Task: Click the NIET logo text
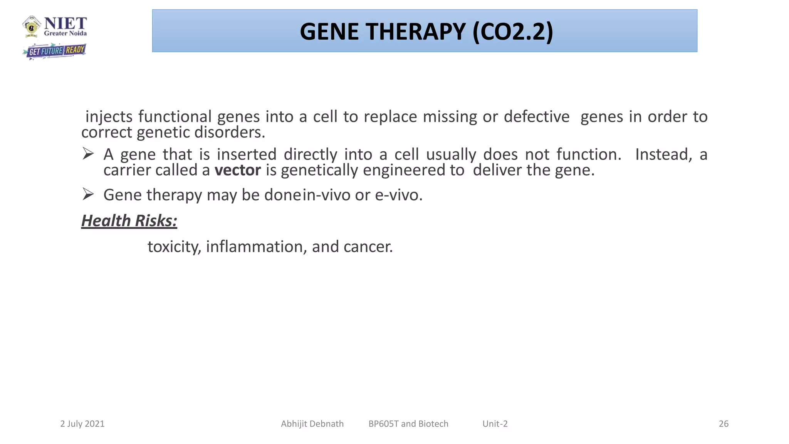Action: [x=65, y=24]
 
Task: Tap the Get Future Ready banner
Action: [x=54, y=51]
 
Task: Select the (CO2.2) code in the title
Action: [x=513, y=32]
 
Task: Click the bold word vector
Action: [x=237, y=170]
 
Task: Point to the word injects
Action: [x=109, y=117]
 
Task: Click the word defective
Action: [x=536, y=117]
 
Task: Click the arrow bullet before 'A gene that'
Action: [x=88, y=154]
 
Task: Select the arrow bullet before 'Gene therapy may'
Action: [x=88, y=194]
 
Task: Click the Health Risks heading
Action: [x=129, y=221]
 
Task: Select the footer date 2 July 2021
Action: [x=82, y=424]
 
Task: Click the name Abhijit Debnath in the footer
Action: [x=312, y=424]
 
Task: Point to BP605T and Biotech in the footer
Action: [x=408, y=424]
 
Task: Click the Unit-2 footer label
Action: [x=495, y=424]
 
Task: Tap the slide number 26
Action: [x=724, y=424]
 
